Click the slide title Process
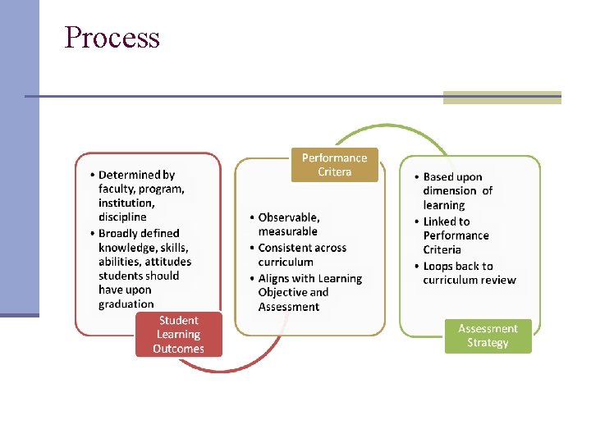[x=112, y=38]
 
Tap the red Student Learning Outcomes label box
[x=178, y=335]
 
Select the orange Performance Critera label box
[x=334, y=165]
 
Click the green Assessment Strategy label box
[x=488, y=336]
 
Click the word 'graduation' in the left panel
[x=126, y=304]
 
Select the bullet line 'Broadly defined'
[x=139, y=233]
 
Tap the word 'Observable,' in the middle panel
[x=289, y=217]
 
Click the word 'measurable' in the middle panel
[x=287, y=231]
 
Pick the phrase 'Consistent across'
[x=302, y=248]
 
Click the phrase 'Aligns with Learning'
[x=309, y=279]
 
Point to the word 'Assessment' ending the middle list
[x=288, y=307]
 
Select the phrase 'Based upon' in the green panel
[x=452, y=177]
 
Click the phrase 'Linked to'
[x=447, y=221]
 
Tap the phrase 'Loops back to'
[x=458, y=267]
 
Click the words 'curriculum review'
[x=470, y=281]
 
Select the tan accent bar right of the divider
[x=502, y=98]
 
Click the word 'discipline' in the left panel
[x=122, y=217]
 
